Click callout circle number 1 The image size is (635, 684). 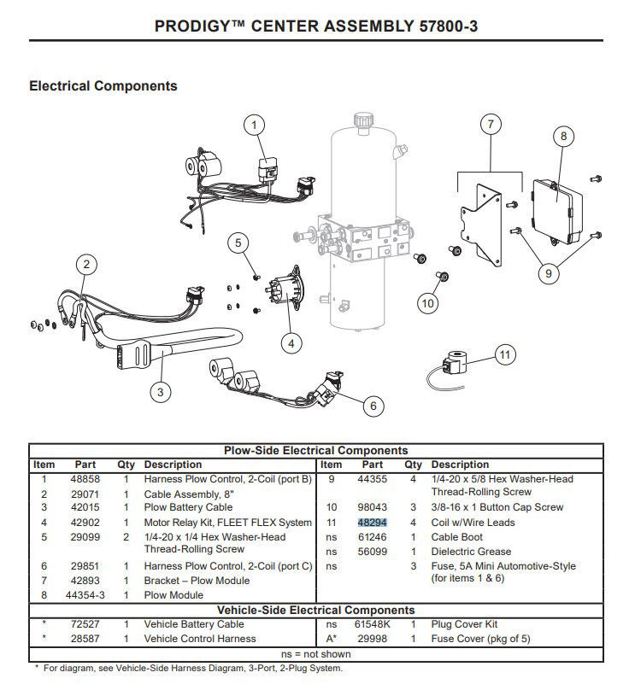[253, 126]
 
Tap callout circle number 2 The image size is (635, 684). [85, 265]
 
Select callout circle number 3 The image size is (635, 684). [161, 392]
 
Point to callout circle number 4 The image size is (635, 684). [291, 342]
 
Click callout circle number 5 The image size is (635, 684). [239, 243]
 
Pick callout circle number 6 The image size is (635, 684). [372, 406]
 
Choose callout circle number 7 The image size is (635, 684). [491, 125]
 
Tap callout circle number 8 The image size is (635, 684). [562, 135]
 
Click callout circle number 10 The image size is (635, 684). [428, 302]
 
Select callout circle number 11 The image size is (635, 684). [505, 354]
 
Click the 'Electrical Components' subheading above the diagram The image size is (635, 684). [103, 85]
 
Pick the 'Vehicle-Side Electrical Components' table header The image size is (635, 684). [315, 610]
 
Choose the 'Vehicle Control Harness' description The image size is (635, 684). [188, 639]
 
